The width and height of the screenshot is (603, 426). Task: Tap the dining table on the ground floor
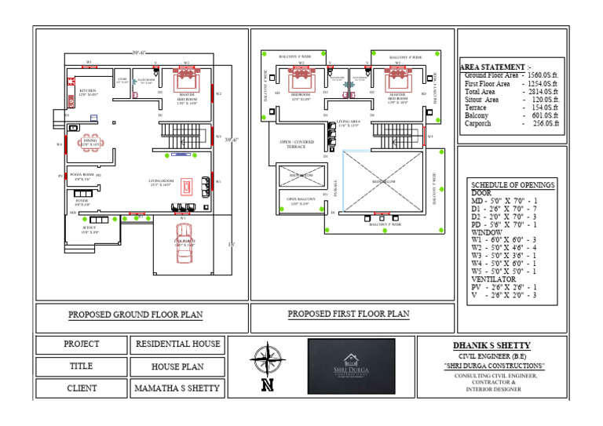click(x=91, y=144)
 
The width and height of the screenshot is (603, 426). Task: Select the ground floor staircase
click(x=184, y=134)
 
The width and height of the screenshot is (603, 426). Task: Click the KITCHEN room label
click(x=88, y=92)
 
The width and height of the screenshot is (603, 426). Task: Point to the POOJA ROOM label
click(x=82, y=176)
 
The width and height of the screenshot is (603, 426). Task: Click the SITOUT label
click(x=90, y=231)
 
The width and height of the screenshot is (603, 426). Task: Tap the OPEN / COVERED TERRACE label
click(x=295, y=144)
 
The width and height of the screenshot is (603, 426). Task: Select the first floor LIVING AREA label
click(x=348, y=123)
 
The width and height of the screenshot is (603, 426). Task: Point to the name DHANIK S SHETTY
click(x=492, y=346)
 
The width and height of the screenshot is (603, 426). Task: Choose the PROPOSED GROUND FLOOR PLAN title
click(x=135, y=315)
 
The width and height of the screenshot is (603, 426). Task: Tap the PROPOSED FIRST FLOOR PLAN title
click(x=348, y=315)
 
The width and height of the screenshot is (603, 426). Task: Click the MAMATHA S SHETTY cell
click(x=178, y=388)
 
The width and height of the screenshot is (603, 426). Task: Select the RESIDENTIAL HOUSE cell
click(x=178, y=344)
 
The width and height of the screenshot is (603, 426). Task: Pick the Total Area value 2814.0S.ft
click(x=542, y=92)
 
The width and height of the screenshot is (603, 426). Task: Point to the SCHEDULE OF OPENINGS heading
click(x=513, y=185)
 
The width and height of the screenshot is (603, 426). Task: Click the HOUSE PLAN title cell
click(x=178, y=366)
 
